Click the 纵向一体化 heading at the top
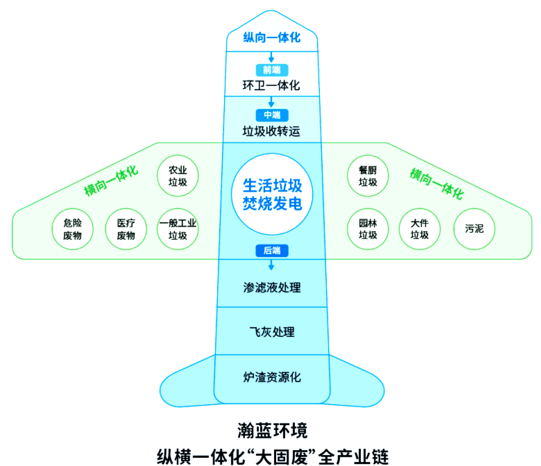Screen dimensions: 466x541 coord(272,37)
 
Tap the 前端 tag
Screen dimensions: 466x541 coord(272,70)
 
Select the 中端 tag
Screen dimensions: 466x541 coord(272,115)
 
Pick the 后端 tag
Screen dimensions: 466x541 coord(272,250)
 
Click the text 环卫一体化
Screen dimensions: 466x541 coord(272,85)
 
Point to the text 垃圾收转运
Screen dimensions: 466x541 coord(272,131)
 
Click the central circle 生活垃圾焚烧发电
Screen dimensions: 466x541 coord(273,194)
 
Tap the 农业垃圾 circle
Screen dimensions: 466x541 coord(178,176)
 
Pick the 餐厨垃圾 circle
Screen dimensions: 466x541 coord(368,176)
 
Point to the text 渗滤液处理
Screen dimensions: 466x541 coord(272,288)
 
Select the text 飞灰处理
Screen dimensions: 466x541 coord(272,332)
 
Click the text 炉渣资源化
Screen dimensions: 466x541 coord(272,377)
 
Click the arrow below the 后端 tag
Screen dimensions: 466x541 coord(272,265)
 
